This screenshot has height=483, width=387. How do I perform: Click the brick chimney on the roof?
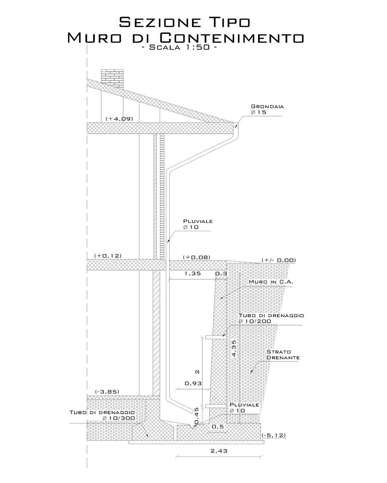(x=112, y=78)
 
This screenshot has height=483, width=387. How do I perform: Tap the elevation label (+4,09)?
(x=119, y=119)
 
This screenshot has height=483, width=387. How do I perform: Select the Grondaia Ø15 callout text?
(x=267, y=109)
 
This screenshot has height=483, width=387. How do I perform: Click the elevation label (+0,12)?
(x=108, y=256)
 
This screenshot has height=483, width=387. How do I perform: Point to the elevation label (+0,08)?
(x=197, y=257)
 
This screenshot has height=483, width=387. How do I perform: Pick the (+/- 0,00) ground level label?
(x=279, y=260)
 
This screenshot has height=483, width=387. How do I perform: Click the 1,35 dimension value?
(x=193, y=274)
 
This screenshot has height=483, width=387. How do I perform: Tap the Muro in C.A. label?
(x=271, y=282)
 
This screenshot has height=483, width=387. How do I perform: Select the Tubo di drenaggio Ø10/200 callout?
(x=271, y=318)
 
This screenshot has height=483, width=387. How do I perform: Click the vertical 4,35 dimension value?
(x=234, y=349)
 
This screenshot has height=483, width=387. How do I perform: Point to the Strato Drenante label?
(x=283, y=355)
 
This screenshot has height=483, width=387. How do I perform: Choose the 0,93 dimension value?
(x=193, y=383)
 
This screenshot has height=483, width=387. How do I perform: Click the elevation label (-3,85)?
(x=107, y=392)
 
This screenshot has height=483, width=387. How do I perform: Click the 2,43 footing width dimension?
(x=219, y=451)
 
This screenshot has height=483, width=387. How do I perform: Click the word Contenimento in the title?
(x=232, y=37)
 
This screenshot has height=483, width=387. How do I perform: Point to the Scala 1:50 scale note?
(x=179, y=47)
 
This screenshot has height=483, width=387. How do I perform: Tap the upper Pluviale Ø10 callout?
(x=198, y=224)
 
